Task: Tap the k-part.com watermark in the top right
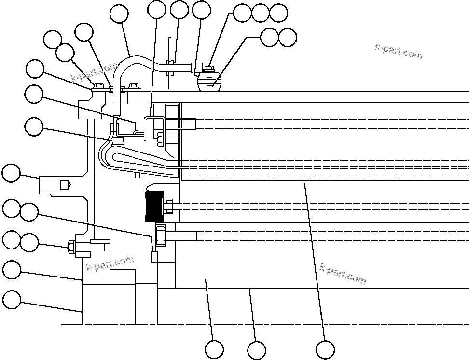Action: tap(398, 50)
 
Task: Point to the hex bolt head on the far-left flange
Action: tap(71, 247)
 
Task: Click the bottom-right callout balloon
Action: tap(325, 349)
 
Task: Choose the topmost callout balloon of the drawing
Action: tap(157, 9)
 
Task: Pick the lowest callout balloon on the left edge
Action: tap(12, 300)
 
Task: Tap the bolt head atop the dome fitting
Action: tap(209, 69)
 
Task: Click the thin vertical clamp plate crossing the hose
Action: tap(170, 63)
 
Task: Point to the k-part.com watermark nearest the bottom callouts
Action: tap(343, 273)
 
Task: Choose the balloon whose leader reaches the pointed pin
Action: tap(12, 173)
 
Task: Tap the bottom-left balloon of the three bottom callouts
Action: tap(214, 350)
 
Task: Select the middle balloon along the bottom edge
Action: tap(256, 350)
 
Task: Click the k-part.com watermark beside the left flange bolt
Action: tap(109, 264)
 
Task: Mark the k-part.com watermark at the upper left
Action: tap(95, 72)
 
